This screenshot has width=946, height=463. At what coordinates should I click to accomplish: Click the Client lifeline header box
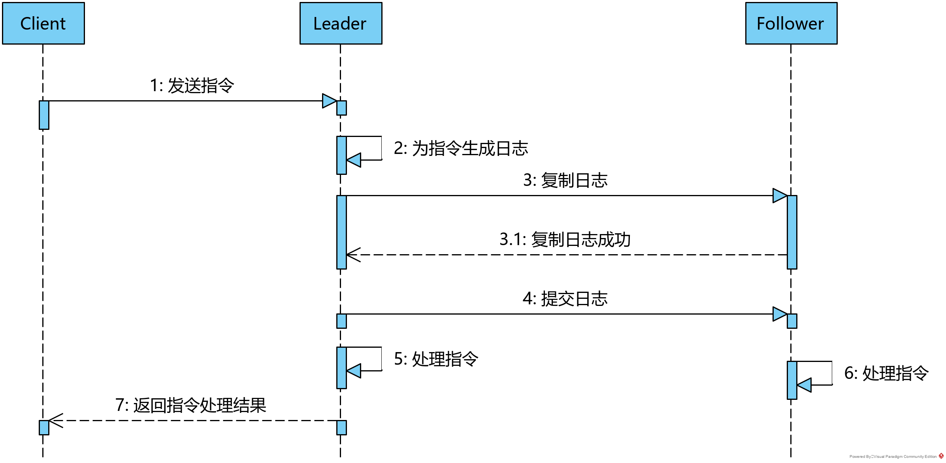point(43,23)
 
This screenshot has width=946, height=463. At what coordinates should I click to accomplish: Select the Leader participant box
point(341,23)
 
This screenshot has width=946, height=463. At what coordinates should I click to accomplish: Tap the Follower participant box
point(791,23)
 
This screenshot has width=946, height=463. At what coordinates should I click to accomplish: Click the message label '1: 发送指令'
point(192,85)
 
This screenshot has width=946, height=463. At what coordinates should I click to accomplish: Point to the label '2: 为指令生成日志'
point(461,148)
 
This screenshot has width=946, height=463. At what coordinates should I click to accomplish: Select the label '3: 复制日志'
point(565,180)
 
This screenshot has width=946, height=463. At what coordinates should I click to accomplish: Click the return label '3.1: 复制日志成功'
point(565,239)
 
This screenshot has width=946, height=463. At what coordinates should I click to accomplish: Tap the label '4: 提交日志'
point(565,298)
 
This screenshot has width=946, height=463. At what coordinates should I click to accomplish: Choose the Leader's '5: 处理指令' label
point(436,359)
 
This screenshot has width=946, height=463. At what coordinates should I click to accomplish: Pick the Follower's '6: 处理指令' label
point(886,373)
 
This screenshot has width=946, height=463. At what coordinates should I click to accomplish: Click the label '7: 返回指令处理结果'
point(191,405)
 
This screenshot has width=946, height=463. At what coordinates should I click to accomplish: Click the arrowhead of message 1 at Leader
point(329,101)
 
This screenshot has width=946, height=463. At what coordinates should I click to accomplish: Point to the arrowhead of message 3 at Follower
point(780,195)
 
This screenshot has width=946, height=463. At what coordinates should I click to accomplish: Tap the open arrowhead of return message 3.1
point(353,255)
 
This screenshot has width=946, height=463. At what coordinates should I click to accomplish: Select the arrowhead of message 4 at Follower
point(780,314)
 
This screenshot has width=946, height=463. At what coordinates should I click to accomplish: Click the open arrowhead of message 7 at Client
point(55,420)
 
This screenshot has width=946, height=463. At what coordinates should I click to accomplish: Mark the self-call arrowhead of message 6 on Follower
point(804,385)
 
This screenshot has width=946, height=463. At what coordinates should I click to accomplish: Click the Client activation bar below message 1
point(44,115)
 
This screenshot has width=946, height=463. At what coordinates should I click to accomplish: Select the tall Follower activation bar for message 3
point(792,232)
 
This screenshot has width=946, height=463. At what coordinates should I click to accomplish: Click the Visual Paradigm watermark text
point(893,457)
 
